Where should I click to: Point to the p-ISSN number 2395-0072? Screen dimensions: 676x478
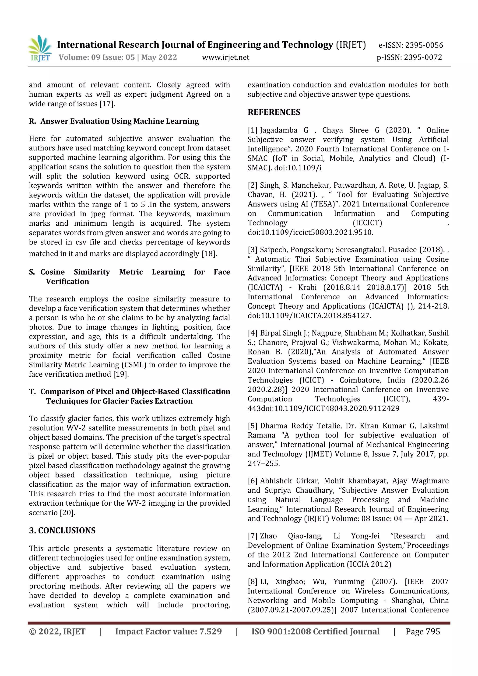[x=423, y=57]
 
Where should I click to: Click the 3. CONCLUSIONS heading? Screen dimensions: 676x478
[x=62, y=530]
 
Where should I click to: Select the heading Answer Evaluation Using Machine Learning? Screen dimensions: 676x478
[x=119, y=121]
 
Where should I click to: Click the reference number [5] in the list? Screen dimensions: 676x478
[x=252, y=426]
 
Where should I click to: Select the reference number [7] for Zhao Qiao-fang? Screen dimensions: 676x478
[x=252, y=536]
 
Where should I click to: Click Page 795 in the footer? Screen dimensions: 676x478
[x=423, y=631]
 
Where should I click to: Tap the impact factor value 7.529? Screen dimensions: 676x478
[x=210, y=631]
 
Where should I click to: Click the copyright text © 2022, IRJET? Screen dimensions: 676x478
[x=57, y=631]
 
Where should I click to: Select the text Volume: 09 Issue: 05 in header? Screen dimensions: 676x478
[x=97, y=57]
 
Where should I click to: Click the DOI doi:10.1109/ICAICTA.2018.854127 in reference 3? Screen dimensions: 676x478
[x=309, y=316]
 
